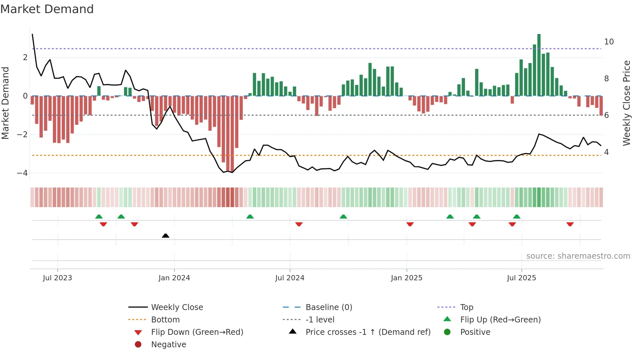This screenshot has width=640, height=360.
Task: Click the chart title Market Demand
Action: (47, 9)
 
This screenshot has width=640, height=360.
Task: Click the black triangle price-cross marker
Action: (166, 236)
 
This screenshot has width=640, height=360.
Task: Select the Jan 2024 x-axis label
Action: (174, 278)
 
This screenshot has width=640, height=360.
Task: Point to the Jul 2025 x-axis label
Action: (521, 278)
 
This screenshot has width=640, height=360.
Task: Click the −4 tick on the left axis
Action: (22, 173)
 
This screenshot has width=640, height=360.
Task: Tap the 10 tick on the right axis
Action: (609, 42)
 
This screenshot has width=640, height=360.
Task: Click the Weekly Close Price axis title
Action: (626, 103)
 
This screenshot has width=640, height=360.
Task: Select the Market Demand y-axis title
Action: (5, 103)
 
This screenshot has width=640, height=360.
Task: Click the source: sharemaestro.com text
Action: (578, 256)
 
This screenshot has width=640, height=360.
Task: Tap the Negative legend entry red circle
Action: (138, 344)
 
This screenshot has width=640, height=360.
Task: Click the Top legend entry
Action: (467, 307)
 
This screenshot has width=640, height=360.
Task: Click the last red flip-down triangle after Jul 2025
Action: (570, 224)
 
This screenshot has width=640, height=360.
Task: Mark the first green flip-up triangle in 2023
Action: (99, 217)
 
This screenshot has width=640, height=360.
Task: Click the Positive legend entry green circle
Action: (447, 332)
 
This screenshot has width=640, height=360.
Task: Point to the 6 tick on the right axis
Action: (606, 115)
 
